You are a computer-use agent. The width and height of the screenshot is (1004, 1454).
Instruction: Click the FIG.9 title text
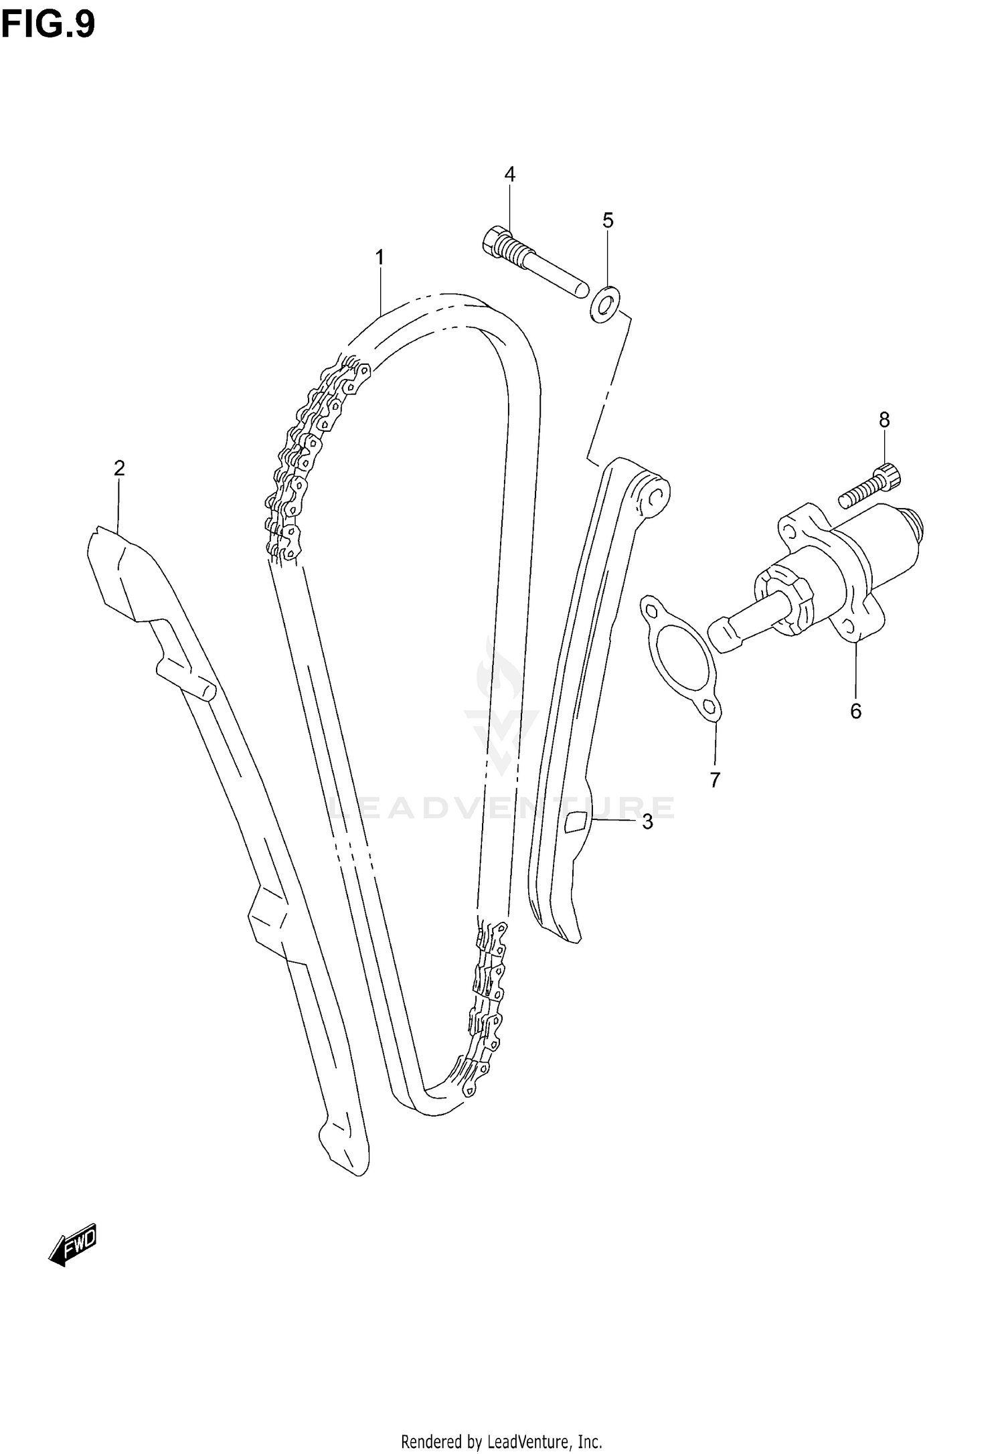pyautogui.click(x=48, y=25)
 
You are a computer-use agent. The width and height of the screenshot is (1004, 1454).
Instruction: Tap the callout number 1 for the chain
pyautogui.click(x=380, y=257)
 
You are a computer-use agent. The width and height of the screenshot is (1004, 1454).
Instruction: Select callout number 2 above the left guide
pyautogui.click(x=119, y=468)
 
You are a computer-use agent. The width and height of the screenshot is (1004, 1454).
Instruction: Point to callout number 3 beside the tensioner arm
pyautogui.click(x=647, y=822)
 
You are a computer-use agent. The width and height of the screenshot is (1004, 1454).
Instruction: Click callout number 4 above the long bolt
pyautogui.click(x=509, y=175)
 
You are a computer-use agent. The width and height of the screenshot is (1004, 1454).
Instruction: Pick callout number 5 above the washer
pyautogui.click(x=608, y=220)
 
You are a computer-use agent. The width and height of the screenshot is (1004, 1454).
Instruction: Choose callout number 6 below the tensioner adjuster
pyautogui.click(x=855, y=711)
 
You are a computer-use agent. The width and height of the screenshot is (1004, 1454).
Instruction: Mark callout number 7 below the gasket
pyautogui.click(x=715, y=780)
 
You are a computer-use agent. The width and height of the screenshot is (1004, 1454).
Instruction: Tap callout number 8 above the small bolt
pyautogui.click(x=884, y=420)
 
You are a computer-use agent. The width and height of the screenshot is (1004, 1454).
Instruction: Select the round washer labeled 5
pyautogui.click(x=605, y=304)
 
